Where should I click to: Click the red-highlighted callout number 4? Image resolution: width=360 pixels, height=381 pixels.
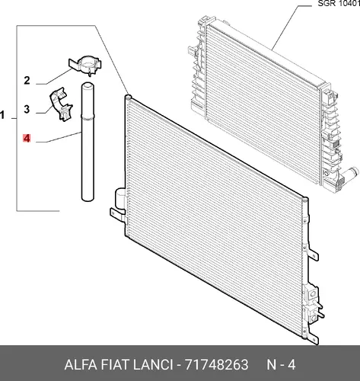point(27,139)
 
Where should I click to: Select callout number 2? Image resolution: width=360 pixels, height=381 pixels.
point(27,81)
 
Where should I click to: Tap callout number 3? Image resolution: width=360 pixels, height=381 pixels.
point(27,110)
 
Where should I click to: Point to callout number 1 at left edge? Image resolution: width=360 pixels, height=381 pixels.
point(2,115)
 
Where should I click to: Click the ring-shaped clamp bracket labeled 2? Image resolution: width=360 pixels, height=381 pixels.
point(85,64)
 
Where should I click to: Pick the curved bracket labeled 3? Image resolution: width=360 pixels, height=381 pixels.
point(61,104)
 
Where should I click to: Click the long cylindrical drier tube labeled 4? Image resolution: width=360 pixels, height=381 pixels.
point(88,142)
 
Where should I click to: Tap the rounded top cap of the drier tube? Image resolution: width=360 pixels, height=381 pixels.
point(88,85)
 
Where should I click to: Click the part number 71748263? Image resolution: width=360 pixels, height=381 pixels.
point(216,365)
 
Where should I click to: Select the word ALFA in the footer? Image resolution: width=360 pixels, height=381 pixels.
point(81,365)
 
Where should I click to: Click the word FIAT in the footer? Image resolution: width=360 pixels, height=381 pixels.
point(116,365)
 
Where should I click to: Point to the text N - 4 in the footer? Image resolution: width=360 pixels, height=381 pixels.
point(281,365)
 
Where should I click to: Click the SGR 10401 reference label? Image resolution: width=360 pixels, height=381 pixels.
point(339,4)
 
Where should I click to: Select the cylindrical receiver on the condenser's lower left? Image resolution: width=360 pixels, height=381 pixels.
point(120,198)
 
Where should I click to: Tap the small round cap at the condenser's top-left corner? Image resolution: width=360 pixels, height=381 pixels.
point(128,97)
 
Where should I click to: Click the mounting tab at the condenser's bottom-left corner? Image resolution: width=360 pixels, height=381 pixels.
point(116,213)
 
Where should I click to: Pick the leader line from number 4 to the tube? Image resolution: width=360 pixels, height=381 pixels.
point(59,137)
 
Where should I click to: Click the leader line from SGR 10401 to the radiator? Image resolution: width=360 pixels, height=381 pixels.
point(291,27)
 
